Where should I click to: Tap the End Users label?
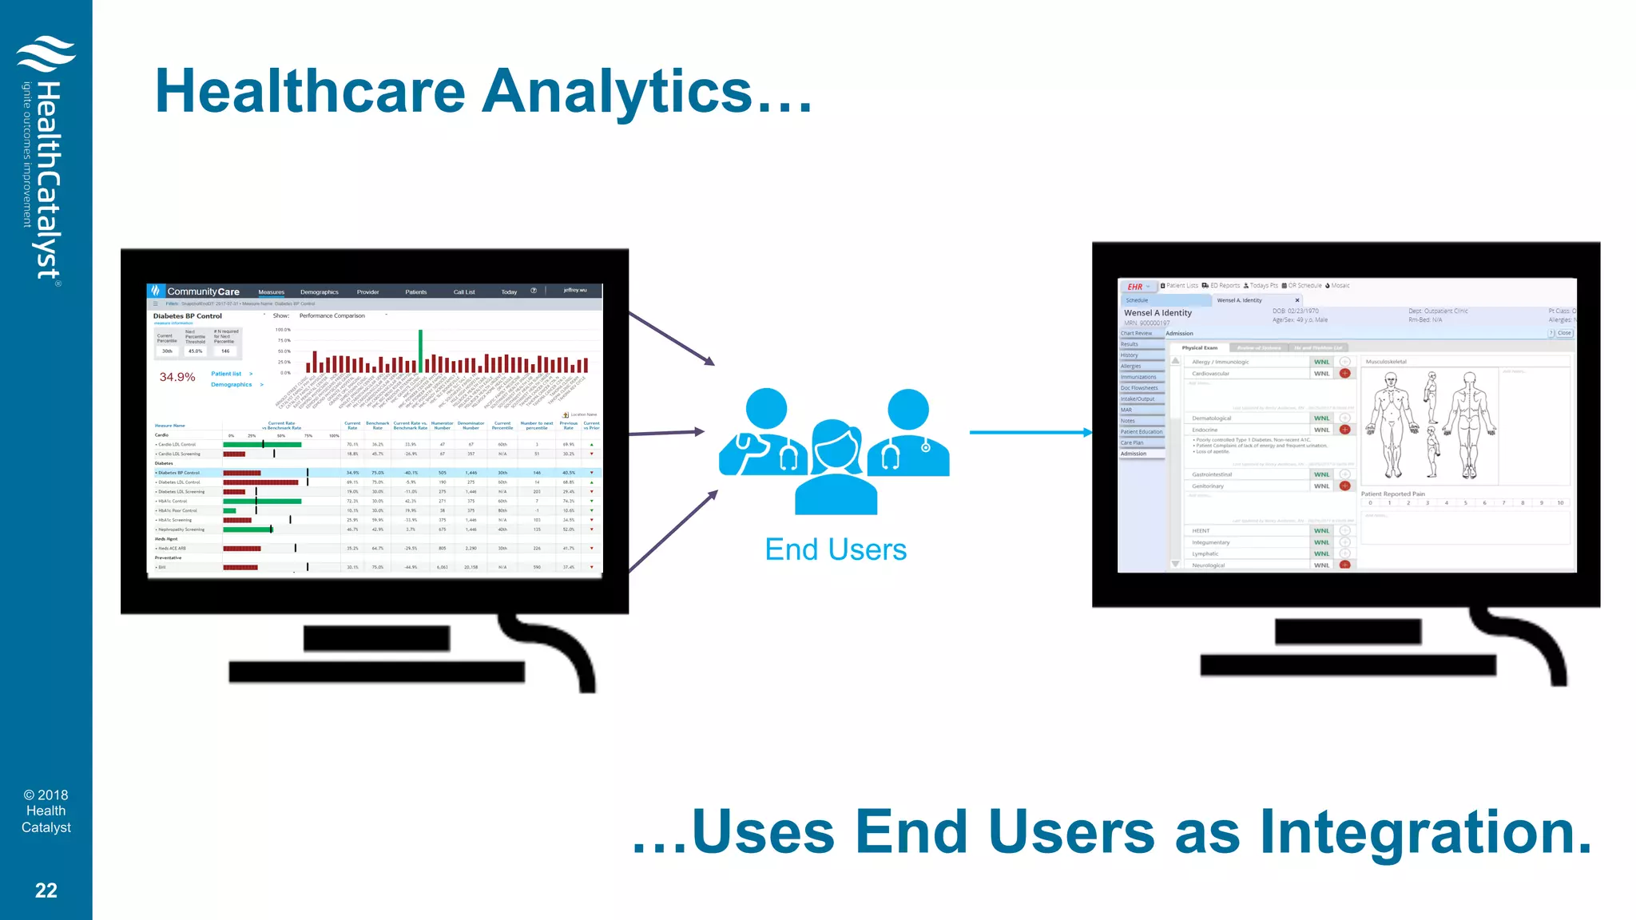coord(836,549)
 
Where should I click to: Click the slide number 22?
coord(46,890)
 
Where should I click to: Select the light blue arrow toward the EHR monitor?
coord(1030,432)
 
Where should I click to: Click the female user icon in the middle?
coord(836,467)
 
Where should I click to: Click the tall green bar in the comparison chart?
coord(420,351)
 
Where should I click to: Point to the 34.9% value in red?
coord(177,377)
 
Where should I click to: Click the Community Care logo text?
coord(203,291)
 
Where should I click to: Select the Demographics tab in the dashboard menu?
coord(320,292)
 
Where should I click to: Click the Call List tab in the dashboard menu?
coord(464,292)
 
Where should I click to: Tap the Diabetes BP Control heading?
coord(188,316)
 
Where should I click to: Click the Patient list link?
coord(226,374)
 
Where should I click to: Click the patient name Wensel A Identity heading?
coord(1158,313)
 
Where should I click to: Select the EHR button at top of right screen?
coord(1135,287)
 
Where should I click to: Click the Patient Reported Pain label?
coord(1392,494)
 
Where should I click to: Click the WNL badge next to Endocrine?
coord(1321,430)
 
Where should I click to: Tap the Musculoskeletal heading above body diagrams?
coord(1386,362)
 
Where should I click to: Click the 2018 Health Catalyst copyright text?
coord(46,811)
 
